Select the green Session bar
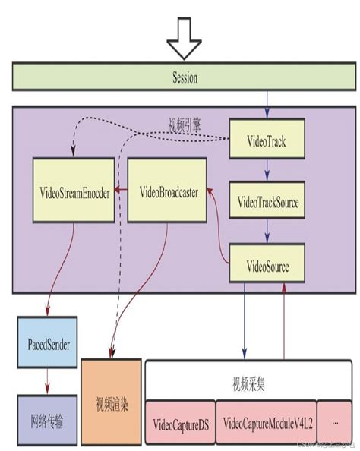pyautogui.click(x=180, y=78)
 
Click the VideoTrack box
pyautogui.click(x=267, y=142)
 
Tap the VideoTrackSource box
pyautogui.click(x=267, y=203)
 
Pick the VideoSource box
pyautogui.click(x=267, y=266)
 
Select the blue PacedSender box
pyautogui.click(x=47, y=343)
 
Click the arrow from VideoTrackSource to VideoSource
pyautogui.click(x=267, y=235)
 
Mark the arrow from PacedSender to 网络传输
pyautogui.click(x=47, y=380)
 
